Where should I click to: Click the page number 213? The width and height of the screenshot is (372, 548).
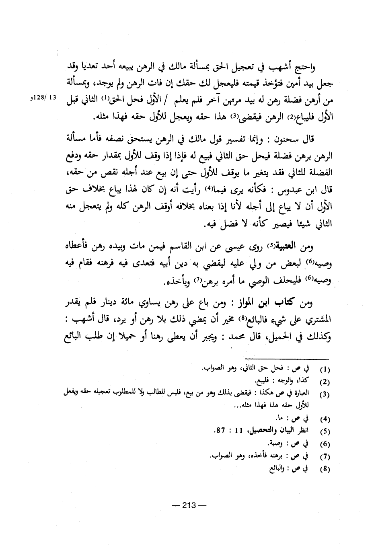point(188,505)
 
